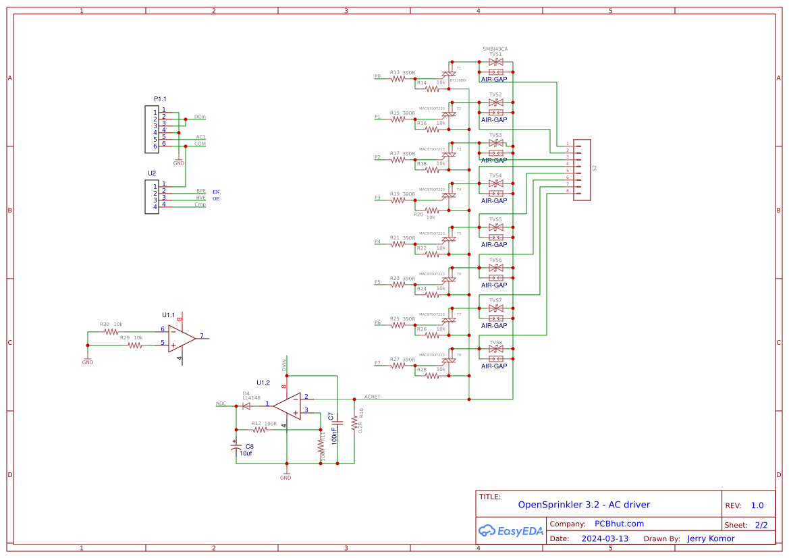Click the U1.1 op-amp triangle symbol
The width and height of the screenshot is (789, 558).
(x=181, y=338)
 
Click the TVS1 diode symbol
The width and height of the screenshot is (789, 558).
(x=495, y=62)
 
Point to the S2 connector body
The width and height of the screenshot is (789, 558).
(x=582, y=168)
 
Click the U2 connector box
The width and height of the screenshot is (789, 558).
(x=152, y=196)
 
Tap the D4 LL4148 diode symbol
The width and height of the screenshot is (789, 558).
(x=246, y=405)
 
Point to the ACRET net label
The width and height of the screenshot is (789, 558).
(x=372, y=397)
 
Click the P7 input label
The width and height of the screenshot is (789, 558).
(x=377, y=363)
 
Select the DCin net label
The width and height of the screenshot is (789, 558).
(x=200, y=117)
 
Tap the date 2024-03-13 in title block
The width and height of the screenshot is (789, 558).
(x=605, y=538)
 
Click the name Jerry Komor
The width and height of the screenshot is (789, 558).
(x=711, y=538)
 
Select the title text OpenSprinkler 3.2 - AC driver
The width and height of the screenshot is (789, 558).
(x=584, y=505)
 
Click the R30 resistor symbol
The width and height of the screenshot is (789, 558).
(x=111, y=332)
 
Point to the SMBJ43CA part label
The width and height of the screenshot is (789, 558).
(x=495, y=49)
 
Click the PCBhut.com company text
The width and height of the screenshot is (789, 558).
(x=619, y=524)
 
